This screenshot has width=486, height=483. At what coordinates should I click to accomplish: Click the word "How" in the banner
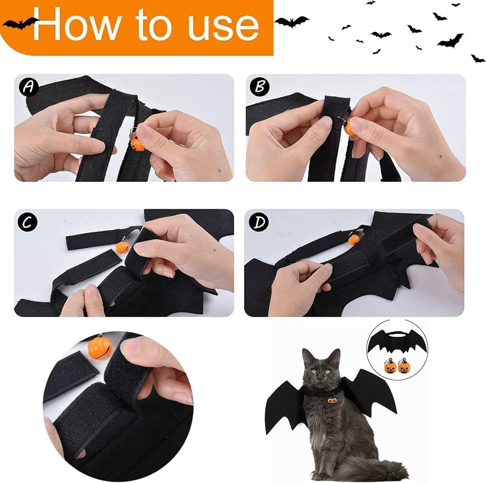[x=76, y=24]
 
